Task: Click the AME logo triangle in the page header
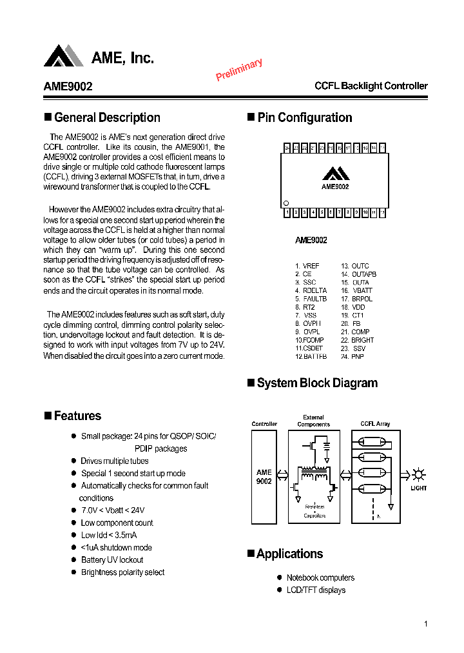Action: (x=63, y=56)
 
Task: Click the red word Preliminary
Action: (x=239, y=70)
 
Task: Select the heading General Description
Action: (x=107, y=117)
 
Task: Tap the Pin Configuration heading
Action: (x=304, y=117)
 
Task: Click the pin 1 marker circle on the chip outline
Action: (x=286, y=203)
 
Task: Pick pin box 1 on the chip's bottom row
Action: (x=287, y=212)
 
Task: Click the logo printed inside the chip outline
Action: (x=335, y=173)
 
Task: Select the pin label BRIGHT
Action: (x=362, y=340)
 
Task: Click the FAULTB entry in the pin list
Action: (x=315, y=299)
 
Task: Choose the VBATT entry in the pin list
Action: (x=363, y=291)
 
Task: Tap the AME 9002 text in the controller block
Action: (x=264, y=477)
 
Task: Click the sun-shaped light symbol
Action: (x=418, y=475)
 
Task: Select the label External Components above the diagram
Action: (x=313, y=421)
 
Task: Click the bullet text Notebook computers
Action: (x=320, y=578)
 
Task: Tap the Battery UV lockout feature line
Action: (x=112, y=559)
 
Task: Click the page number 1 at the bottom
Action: (x=426, y=623)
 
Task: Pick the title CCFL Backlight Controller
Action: (x=371, y=86)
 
